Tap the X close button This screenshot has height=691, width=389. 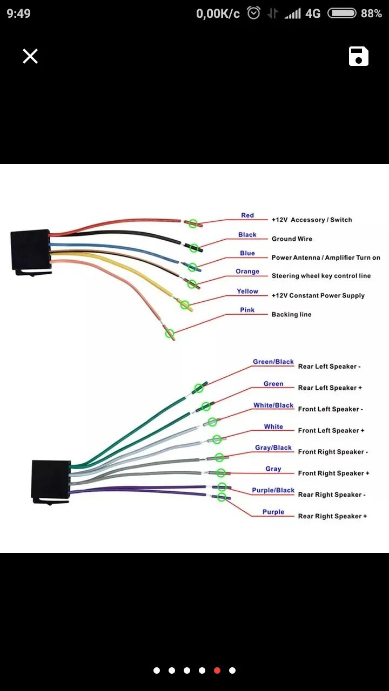coord(30,56)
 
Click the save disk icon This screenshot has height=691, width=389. coord(359,56)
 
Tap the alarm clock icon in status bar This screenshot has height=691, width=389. coord(253,13)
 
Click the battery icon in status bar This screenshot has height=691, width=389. coord(342,13)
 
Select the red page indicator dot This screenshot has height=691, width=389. coord(217,670)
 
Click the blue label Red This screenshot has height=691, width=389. coord(247,215)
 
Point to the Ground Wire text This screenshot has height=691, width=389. coord(292,239)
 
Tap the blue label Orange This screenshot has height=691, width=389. coord(247,272)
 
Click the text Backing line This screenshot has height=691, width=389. coord(291,314)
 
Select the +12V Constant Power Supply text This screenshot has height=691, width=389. coord(318,295)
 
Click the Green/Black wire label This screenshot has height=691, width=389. coord(273,362)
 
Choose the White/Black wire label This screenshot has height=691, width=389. coord(273,405)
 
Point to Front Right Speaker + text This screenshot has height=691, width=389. coord(333,473)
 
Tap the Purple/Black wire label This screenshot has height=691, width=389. coord(273,490)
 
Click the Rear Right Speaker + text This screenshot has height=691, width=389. coord(332,516)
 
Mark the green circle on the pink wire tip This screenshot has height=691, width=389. coord(170,334)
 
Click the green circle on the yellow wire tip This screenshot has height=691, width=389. coord(185,305)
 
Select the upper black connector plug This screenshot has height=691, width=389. coord(30,250)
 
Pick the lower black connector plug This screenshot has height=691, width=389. coord(51,479)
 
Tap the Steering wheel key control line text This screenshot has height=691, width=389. coord(321,276)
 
